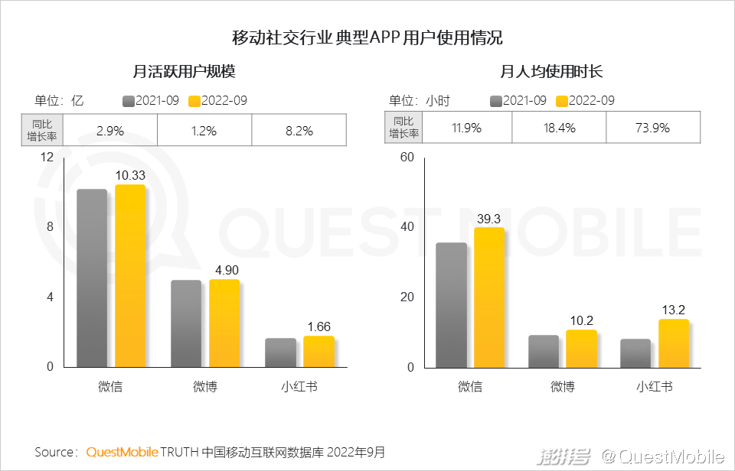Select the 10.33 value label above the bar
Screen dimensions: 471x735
pos(130,176)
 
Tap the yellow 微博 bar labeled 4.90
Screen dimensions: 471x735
pos(224,323)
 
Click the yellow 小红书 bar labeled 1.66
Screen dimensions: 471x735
pos(318,351)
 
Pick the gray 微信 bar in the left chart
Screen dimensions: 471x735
pos(92,278)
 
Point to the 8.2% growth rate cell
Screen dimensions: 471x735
pos(299,131)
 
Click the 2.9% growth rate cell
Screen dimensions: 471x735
pos(110,131)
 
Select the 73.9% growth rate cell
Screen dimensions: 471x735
pos(652,128)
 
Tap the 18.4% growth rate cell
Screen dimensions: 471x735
pos(558,128)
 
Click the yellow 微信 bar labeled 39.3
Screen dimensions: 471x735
pos(489,297)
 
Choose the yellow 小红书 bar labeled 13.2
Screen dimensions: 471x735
pos(674,343)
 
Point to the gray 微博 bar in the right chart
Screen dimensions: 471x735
pos(544,351)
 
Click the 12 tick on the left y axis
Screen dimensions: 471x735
pos(47,158)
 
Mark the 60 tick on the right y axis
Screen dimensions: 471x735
pos(407,158)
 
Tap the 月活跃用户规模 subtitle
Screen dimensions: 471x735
pos(184,73)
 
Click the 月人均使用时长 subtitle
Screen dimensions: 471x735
pos(552,73)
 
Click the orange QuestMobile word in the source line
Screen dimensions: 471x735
pos(122,452)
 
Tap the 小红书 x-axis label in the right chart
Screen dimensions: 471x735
pos(654,387)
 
